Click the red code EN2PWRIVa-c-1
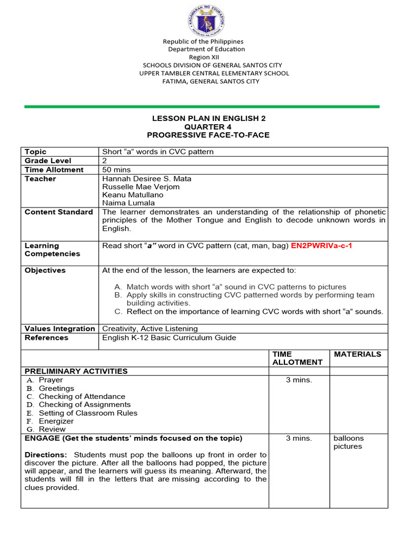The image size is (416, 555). click(x=321, y=246)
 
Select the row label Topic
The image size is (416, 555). click(x=36, y=152)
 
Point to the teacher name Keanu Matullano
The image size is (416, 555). click(x=133, y=195)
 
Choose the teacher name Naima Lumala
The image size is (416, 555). click(x=128, y=203)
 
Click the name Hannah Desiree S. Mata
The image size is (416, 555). click(x=146, y=178)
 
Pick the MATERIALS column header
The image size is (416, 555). click(x=357, y=354)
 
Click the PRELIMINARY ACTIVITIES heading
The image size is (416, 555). click(x=76, y=371)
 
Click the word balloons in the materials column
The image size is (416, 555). click(x=349, y=438)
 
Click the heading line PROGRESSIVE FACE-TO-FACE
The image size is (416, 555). click(x=208, y=135)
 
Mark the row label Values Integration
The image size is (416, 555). click(x=60, y=328)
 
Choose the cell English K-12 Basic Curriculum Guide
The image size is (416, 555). click(x=169, y=338)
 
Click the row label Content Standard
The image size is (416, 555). click(x=58, y=212)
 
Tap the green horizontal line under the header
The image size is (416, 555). click(x=201, y=107)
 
